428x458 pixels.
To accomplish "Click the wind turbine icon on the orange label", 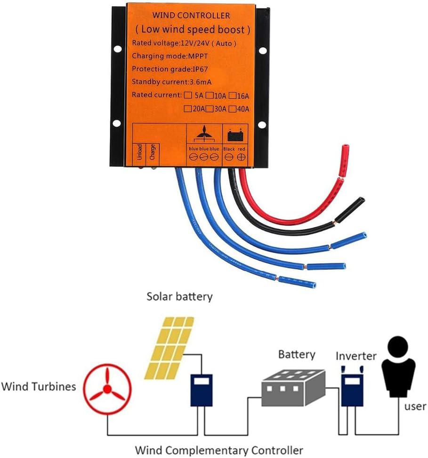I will coord(203,134).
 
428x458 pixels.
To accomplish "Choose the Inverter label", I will coord(355,356).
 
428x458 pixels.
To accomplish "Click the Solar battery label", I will coord(179,297).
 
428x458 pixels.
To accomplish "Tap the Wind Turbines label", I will coord(39,387).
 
